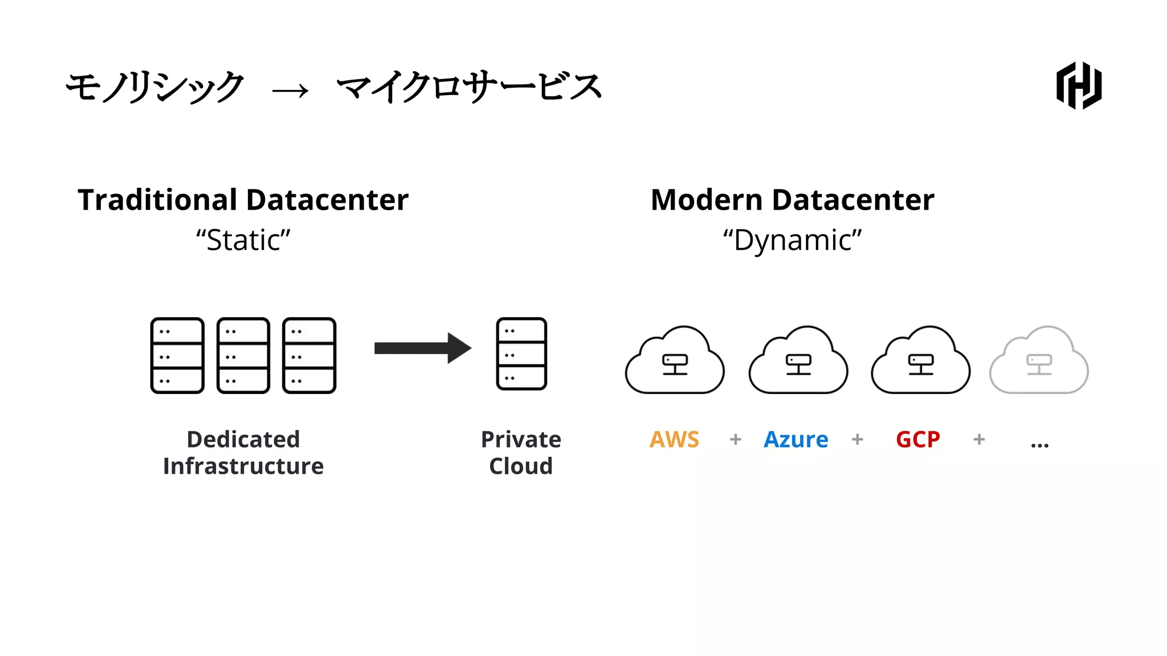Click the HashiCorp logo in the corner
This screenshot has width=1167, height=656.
[1079, 85]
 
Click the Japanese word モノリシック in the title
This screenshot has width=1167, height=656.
[155, 87]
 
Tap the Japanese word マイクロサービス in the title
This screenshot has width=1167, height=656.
[469, 87]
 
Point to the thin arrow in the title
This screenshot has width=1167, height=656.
[291, 91]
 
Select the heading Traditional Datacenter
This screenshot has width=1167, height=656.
[243, 200]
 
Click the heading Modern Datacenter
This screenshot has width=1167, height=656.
[792, 200]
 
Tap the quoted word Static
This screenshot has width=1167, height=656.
[243, 240]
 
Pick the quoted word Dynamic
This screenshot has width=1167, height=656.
[792, 240]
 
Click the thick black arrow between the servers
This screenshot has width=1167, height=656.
[422, 348]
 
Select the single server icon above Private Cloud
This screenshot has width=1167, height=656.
[521, 354]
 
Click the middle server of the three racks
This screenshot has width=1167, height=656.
[243, 355]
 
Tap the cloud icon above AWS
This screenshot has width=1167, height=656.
[675, 362]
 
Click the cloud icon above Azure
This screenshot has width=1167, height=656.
[798, 362]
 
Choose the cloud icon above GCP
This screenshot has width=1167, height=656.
[920, 362]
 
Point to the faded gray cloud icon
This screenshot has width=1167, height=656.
[1039, 362]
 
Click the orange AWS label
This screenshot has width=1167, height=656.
[674, 440]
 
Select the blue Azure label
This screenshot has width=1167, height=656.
[795, 440]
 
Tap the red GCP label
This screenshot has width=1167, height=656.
[917, 440]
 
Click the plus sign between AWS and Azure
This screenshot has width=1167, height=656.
[736, 440]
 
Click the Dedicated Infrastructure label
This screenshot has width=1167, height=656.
[243, 453]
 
